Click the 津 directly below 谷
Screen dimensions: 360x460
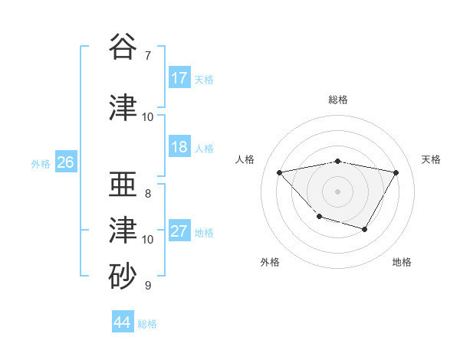point(123,107)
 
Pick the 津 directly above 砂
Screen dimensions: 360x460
point(123,229)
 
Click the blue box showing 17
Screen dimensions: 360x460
point(179,78)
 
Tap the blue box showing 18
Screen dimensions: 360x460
point(179,147)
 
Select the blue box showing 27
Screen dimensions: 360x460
point(179,231)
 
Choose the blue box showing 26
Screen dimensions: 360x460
point(65,162)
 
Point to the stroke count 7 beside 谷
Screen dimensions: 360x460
point(148,56)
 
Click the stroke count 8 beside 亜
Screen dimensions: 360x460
point(148,194)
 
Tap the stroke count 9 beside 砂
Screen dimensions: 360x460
point(148,286)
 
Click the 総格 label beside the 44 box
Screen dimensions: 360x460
point(147,324)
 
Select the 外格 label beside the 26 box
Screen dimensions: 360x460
point(41,164)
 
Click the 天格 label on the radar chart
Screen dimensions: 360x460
point(432,159)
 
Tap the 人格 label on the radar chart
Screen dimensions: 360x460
point(245,159)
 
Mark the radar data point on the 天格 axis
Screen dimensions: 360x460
point(396,172)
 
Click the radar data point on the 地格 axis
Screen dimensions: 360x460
point(365,229)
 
